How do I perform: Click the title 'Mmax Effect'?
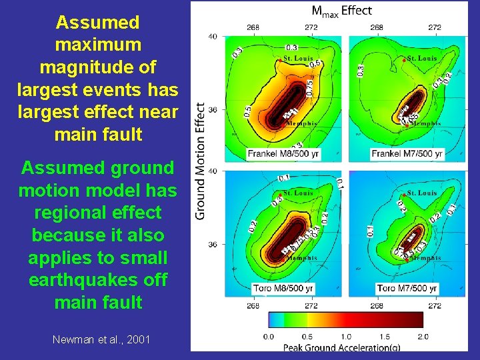click(342, 11)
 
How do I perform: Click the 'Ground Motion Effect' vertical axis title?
click(200, 160)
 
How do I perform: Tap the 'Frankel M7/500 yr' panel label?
click(407, 153)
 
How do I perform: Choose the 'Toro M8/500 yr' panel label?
click(280, 288)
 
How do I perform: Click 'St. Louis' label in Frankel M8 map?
click(298, 59)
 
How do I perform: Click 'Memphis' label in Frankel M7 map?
click(425, 123)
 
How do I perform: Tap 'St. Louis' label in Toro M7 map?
click(422, 193)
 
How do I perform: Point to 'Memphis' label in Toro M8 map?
click(302, 258)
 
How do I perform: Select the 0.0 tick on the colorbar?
click(268, 337)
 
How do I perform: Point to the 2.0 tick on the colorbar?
click(423, 337)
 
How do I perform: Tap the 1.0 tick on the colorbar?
click(345, 337)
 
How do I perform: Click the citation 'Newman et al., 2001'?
click(101, 340)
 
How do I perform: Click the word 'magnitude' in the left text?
click(98, 67)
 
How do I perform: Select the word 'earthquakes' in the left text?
click(98, 280)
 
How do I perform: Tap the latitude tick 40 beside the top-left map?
click(213, 36)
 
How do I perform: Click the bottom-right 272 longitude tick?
click(434, 307)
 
